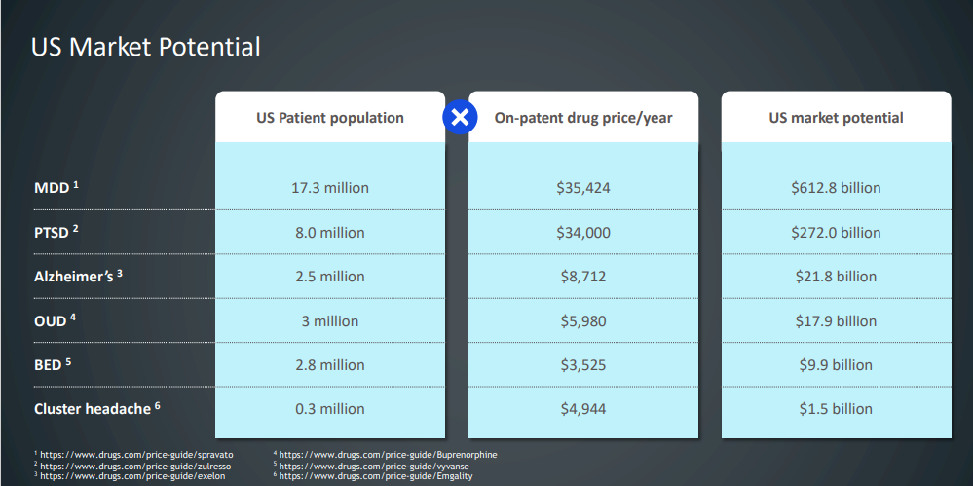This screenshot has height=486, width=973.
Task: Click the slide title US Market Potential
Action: tap(146, 46)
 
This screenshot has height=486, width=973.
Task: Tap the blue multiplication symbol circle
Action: tap(459, 118)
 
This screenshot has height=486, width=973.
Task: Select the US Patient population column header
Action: tap(330, 118)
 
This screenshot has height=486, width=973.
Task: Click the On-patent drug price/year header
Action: tap(583, 118)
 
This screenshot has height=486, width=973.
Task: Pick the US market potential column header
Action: tap(836, 118)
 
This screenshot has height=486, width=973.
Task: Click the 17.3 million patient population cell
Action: tap(330, 187)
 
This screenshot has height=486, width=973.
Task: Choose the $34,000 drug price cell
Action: tap(583, 232)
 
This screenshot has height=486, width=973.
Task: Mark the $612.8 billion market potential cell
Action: tap(836, 187)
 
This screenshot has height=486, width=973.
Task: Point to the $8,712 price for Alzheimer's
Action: tap(583, 277)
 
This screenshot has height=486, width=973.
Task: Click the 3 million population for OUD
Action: tap(330, 320)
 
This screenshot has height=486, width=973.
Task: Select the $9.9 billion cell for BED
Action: tap(836, 365)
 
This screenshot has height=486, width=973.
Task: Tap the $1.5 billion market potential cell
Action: tap(836, 409)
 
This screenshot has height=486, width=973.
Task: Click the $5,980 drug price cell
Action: tap(583, 320)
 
